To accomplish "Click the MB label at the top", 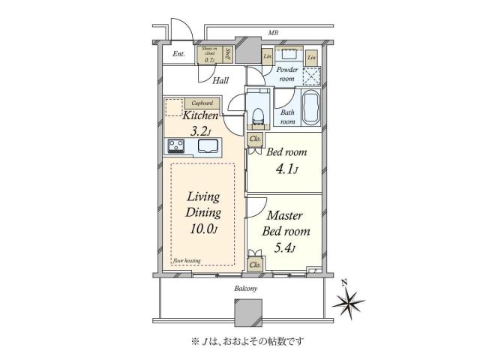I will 274,34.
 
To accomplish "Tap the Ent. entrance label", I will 178,54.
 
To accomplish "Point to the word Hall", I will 220,80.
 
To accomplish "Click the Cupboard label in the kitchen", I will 202,103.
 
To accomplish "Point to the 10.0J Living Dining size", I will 203,227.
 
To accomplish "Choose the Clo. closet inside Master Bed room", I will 255,264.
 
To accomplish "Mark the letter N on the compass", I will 344,283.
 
